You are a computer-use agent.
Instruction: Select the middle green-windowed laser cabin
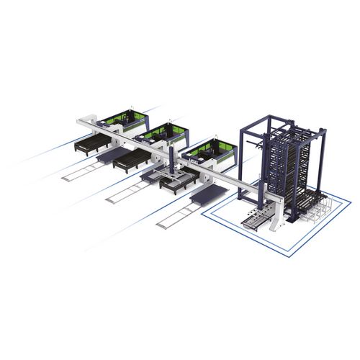(x=161, y=134)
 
